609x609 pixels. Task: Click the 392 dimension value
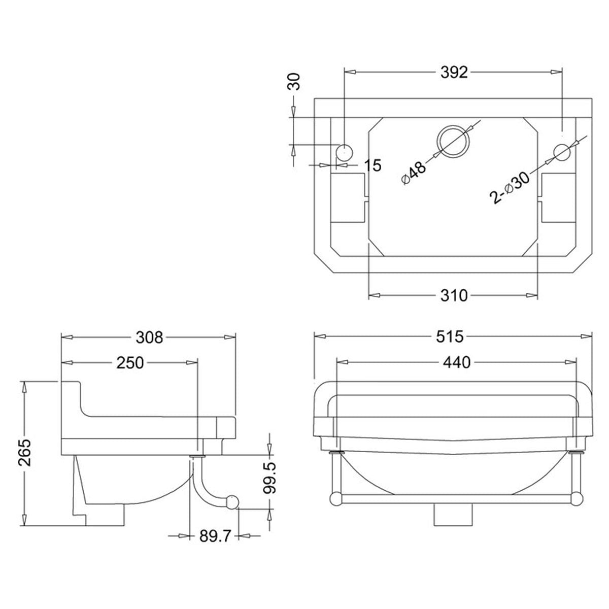tap(453, 73)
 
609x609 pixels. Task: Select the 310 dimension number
tap(453, 295)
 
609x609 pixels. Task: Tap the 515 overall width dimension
tap(453, 336)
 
